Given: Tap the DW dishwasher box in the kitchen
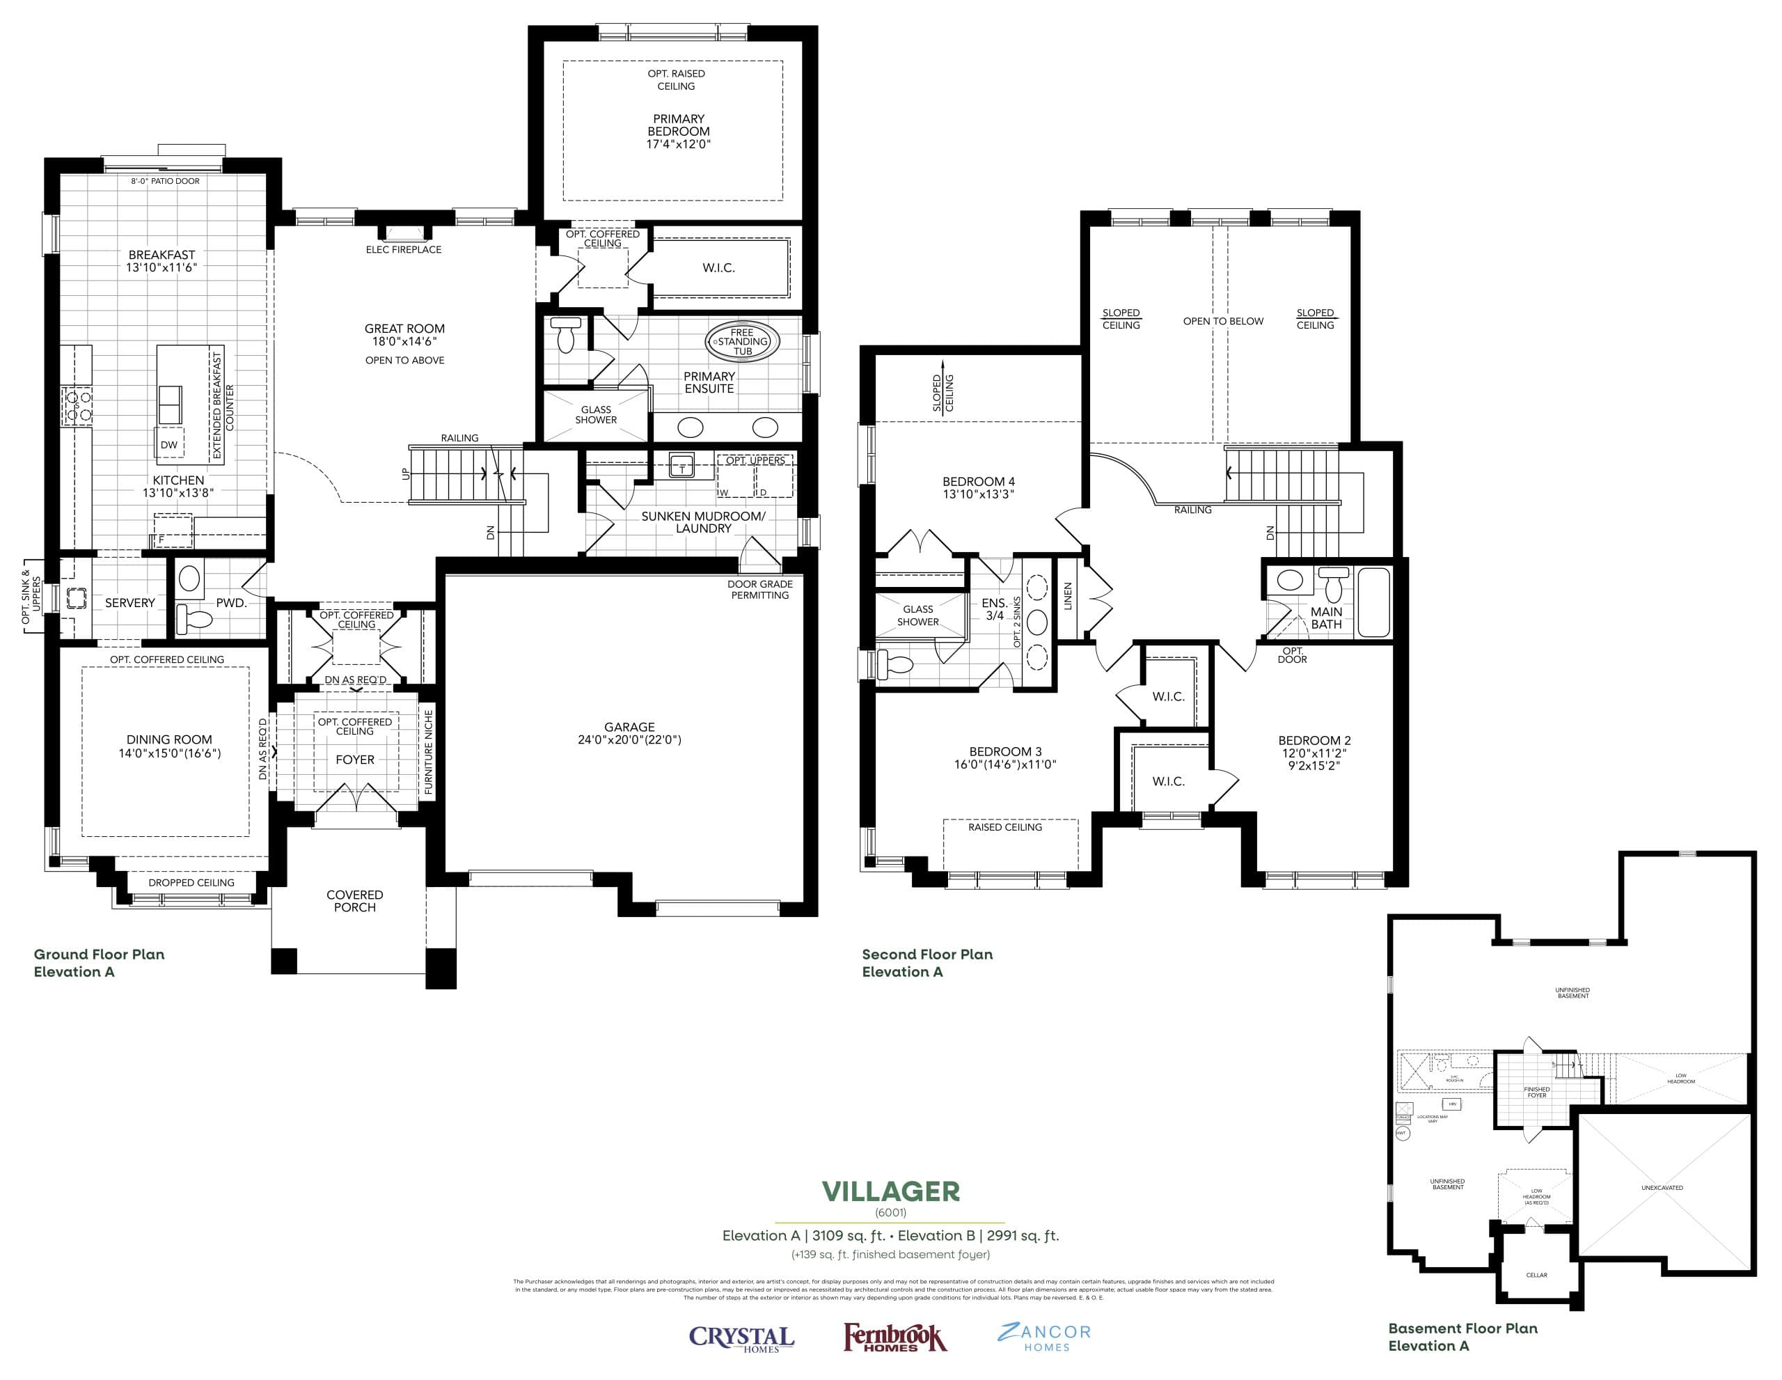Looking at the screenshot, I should [169, 445].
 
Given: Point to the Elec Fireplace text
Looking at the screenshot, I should [403, 250].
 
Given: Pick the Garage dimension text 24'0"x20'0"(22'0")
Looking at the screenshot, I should [629, 740].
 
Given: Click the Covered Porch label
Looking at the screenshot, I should [354, 901].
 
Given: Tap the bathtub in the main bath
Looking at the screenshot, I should [1374, 602].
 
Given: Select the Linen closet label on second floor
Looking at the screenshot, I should [1068, 597].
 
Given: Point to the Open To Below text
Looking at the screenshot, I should [1223, 322].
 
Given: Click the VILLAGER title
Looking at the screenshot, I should [890, 1192].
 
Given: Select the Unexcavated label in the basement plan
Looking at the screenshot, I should [1662, 1187].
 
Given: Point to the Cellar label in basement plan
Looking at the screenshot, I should [1536, 1275].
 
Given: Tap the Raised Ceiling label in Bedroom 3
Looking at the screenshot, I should [1004, 827].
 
